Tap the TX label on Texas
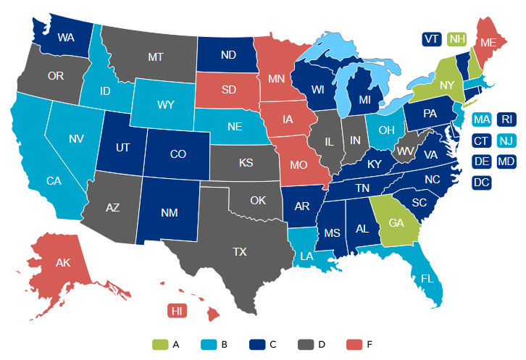pyautogui.click(x=239, y=252)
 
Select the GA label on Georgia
pyautogui.click(x=396, y=223)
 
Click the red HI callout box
pyautogui.click(x=177, y=311)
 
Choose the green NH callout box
pyautogui.click(x=456, y=38)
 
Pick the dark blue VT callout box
pyautogui.click(x=432, y=38)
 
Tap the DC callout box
pyautogui.click(x=480, y=183)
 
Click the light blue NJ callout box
pyautogui.click(x=506, y=141)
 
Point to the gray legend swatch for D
pyautogui.click(x=306, y=344)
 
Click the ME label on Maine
pyautogui.click(x=488, y=44)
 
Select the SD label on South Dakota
pyautogui.click(x=229, y=90)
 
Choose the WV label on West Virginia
pyautogui.click(x=404, y=151)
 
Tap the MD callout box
pyautogui.click(x=506, y=161)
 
